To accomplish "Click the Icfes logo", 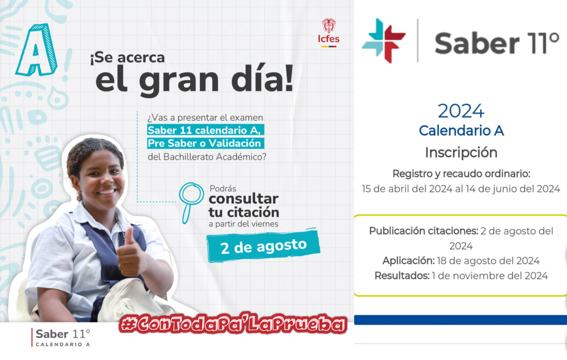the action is pos(328,33).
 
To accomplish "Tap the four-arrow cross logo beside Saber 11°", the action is pos(384,40).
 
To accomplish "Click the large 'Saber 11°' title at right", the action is pos(497,43).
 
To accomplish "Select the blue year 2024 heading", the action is pos(461,111).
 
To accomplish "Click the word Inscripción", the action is pos(461,153).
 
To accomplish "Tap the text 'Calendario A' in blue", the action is pos(461,131).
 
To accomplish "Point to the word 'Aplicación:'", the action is pos(409,260).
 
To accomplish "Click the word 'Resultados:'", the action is pos(402,276).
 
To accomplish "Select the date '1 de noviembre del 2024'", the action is pos(490,276).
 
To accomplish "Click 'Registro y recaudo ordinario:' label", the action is pos(461,174).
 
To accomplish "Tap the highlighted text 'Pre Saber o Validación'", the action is pos(205,143).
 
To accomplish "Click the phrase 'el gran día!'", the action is pos(194,80).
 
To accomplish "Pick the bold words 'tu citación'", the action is pos(244,212).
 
